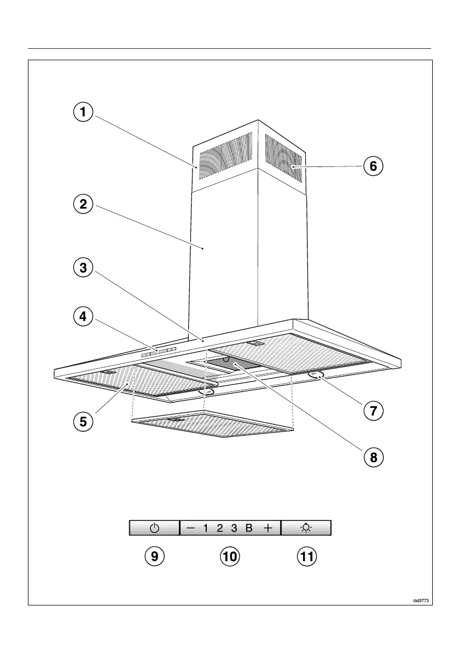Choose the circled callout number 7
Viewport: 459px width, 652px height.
pyautogui.click(x=373, y=410)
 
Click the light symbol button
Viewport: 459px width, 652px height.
pyautogui.click(x=306, y=528)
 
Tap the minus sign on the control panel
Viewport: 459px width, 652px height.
pyautogui.click(x=190, y=528)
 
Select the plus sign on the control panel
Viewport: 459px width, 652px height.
pyautogui.click(x=267, y=528)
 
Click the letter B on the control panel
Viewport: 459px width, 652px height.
pyautogui.click(x=248, y=528)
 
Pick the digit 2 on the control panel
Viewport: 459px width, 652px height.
pyautogui.click(x=219, y=528)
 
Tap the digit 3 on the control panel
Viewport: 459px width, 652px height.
pyautogui.click(x=234, y=528)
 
